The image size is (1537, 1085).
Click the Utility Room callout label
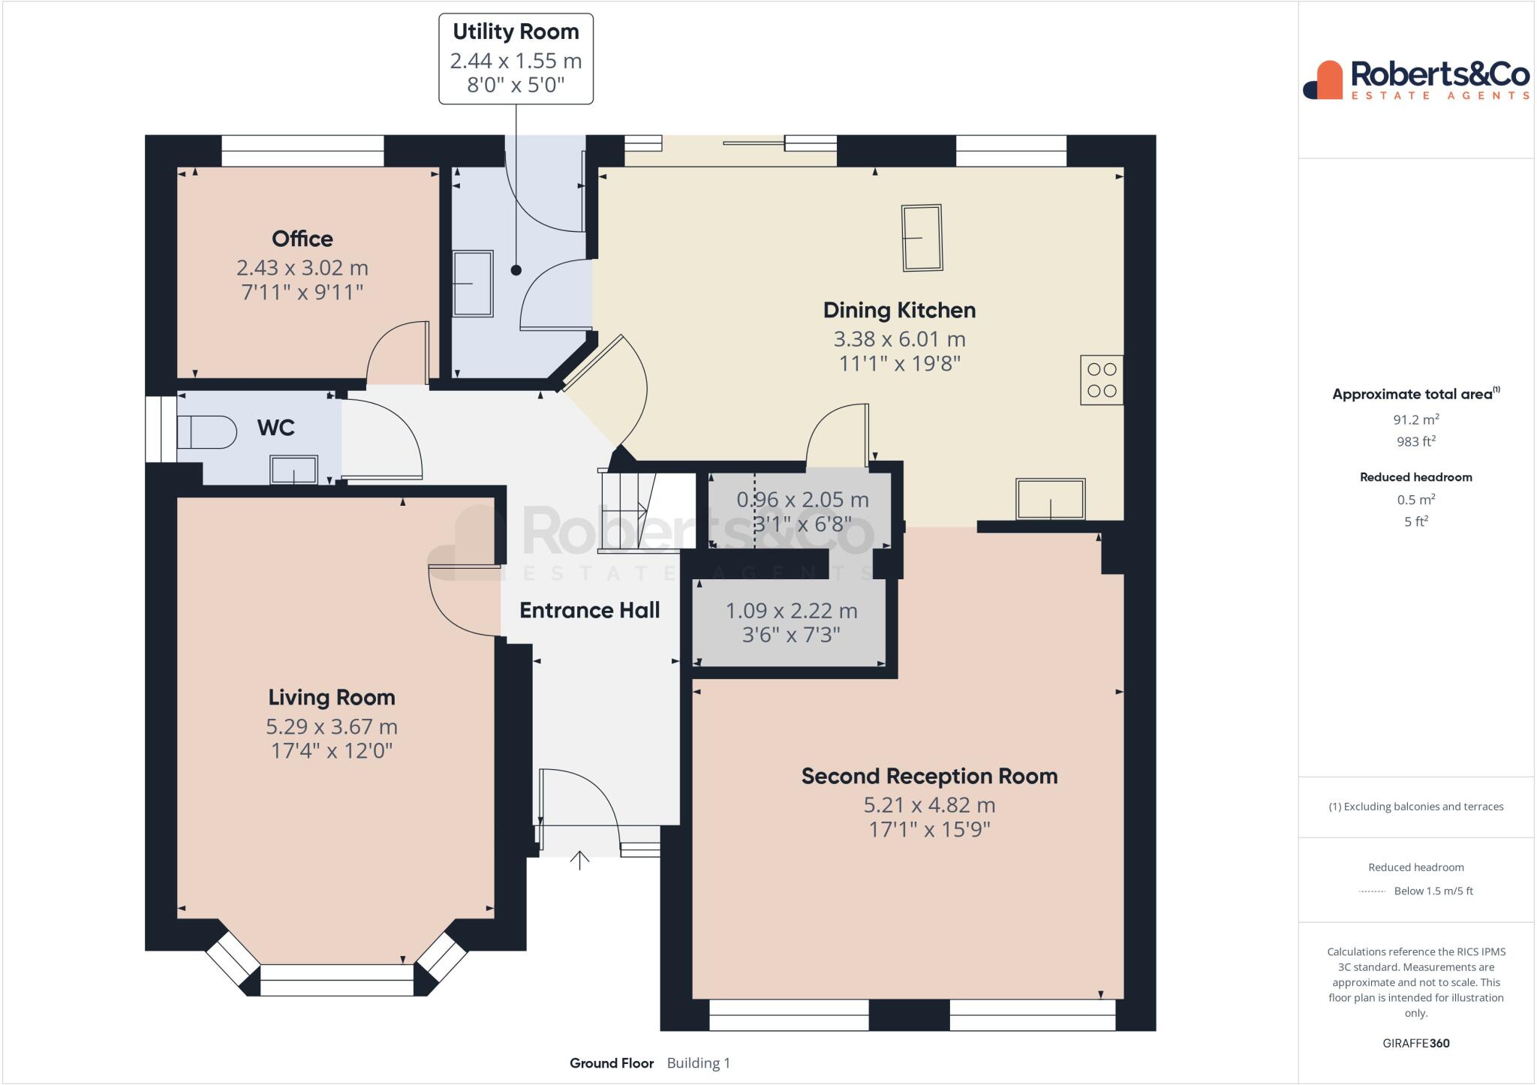(x=516, y=32)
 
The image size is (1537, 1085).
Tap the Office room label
(x=302, y=239)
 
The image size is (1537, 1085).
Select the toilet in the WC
(x=204, y=433)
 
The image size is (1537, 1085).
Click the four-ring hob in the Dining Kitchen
(x=1101, y=380)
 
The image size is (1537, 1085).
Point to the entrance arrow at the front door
(x=579, y=860)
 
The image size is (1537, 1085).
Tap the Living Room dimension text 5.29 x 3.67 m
(x=331, y=726)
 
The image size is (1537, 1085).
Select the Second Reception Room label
(x=929, y=776)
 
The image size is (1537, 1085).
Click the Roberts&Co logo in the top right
(x=1416, y=80)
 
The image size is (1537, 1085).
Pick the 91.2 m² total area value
(x=1415, y=419)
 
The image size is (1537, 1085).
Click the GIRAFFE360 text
(x=1415, y=1043)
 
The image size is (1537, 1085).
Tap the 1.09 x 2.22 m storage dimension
(x=791, y=611)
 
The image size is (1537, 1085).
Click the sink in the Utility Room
(x=473, y=284)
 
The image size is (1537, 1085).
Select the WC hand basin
(x=294, y=470)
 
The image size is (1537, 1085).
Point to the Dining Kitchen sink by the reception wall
(x=1050, y=499)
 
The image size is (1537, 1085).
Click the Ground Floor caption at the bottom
(x=611, y=1063)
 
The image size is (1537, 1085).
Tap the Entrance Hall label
(x=589, y=610)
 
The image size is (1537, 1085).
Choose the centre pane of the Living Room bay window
(x=336, y=980)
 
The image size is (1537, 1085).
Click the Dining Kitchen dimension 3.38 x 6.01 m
(x=899, y=339)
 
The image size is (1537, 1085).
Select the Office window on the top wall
(x=302, y=151)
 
